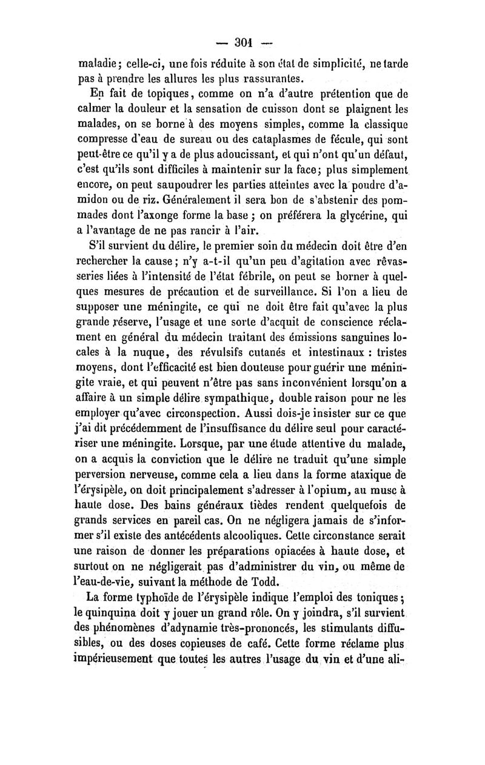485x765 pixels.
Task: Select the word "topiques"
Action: coord(158,94)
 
